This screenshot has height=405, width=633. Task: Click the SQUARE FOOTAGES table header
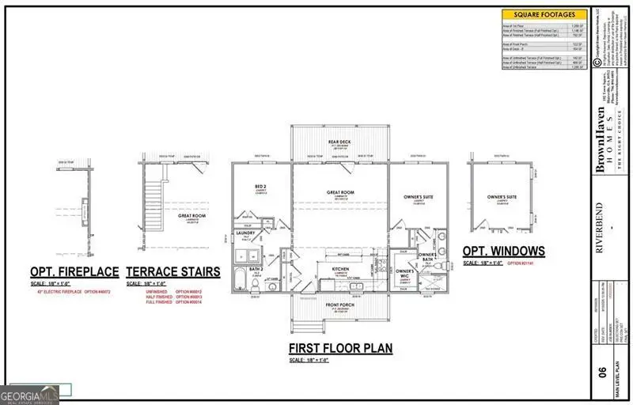pyautogui.click(x=544, y=14)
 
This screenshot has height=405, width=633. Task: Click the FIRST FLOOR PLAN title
pyautogui.click(x=340, y=348)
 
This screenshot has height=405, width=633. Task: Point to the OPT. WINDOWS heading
pyautogui.click(x=503, y=252)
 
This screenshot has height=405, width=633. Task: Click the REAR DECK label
pyautogui.click(x=339, y=142)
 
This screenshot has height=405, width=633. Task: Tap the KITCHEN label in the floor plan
pyautogui.click(x=339, y=270)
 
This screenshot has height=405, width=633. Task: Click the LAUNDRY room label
pyautogui.click(x=245, y=234)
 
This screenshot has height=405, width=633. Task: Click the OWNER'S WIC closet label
pyautogui.click(x=404, y=274)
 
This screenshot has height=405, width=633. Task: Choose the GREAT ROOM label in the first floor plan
pyautogui.click(x=339, y=192)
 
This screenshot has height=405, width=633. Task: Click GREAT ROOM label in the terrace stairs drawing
pyautogui.click(x=191, y=215)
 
